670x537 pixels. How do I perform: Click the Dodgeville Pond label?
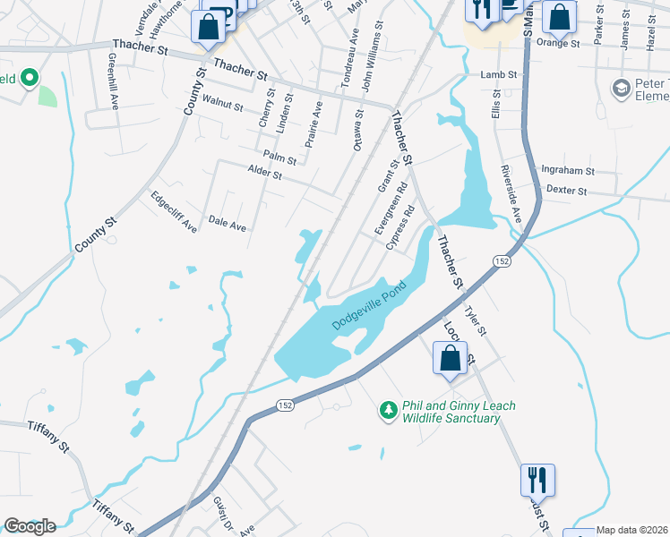pyautogui.click(x=369, y=307)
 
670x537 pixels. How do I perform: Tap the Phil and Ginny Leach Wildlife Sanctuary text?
pyautogui.click(x=447, y=412)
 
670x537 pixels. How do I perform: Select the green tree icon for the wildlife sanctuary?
pyautogui.click(x=388, y=410)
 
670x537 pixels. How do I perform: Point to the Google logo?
pyautogui.click(x=29, y=526)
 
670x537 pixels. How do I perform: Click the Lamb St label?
pyautogui.click(x=500, y=75)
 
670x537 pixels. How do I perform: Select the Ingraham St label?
pyautogui.click(x=568, y=170)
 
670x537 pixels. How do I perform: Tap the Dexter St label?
pyautogui.click(x=566, y=191)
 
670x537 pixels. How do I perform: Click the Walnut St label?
pyautogui.click(x=223, y=104)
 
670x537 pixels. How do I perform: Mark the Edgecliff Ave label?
pyautogui.click(x=174, y=212)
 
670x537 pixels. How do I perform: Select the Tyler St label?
pyautogui.click(x=475, y=319)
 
